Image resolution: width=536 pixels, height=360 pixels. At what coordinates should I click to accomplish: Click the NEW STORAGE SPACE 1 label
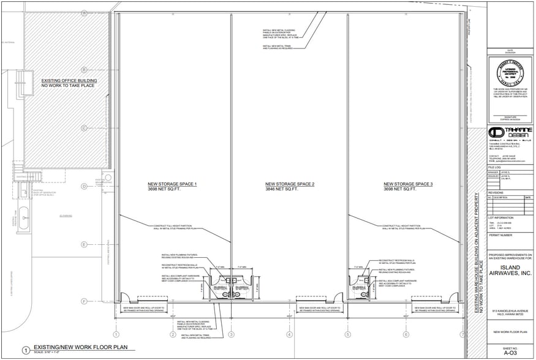(172, 184)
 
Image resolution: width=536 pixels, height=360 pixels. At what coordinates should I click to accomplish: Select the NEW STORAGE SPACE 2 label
(289, 184)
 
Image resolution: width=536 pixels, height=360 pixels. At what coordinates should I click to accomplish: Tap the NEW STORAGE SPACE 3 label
(408, 184)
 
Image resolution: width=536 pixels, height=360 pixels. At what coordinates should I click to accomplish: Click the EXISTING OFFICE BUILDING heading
(69, 81)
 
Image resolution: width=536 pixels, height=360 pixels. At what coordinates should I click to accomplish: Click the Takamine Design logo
(510, 133)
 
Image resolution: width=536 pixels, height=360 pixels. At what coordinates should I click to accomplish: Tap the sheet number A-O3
(510, 353)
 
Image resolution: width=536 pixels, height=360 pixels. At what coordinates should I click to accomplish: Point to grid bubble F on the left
(83, 301)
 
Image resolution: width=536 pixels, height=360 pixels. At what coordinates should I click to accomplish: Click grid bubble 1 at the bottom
(116, 334)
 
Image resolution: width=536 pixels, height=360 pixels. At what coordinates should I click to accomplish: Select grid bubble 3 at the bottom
(231, 334)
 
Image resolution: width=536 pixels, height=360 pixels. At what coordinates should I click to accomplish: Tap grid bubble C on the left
(83, 128)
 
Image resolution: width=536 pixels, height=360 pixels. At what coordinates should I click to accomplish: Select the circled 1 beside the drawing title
(25, 350)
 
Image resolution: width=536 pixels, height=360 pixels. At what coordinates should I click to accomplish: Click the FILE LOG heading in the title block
(496, 167)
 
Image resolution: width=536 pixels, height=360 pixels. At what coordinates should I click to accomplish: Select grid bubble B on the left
(83, 70)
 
